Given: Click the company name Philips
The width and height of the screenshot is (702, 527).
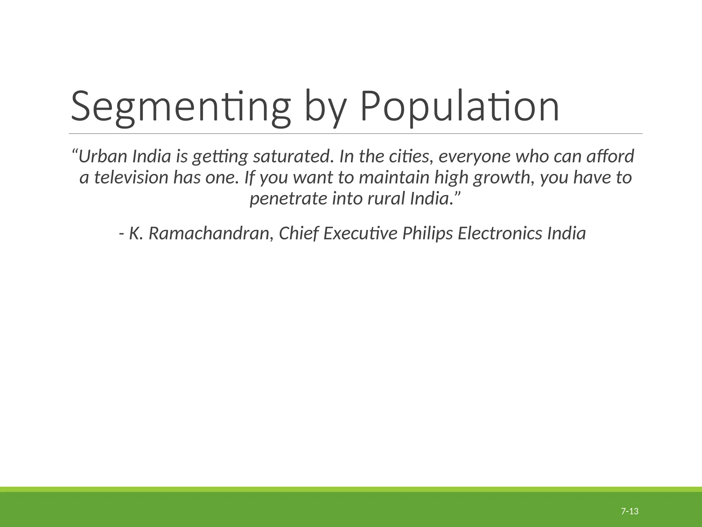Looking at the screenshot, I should (x=427, y=234).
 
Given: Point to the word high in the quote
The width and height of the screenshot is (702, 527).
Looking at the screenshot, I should (x=451, y=178).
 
